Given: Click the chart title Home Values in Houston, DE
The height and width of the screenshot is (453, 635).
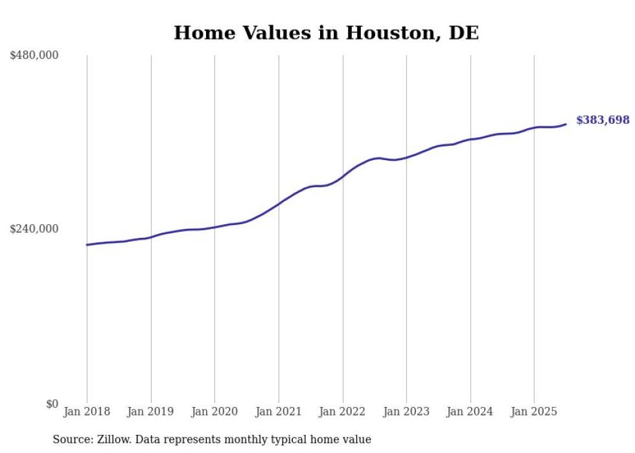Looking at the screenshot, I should pos(326,33).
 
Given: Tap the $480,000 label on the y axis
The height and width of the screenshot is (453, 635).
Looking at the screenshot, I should pos(34,56).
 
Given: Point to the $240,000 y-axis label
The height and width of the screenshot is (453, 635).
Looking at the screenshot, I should pos(34,229).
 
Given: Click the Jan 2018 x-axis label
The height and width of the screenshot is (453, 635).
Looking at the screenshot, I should pos(87,412).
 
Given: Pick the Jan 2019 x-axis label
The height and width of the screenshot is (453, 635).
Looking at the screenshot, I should pos(151,412).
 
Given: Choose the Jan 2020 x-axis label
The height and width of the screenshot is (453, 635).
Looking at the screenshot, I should pos(214,412).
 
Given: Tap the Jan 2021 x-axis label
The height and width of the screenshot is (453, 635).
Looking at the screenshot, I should pos(279,412).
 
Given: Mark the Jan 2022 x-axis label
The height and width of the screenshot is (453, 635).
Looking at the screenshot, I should pos(343,412).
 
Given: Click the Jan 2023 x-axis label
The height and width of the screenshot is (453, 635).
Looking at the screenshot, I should pos(406,412).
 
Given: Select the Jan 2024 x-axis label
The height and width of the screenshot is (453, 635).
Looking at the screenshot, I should pos(470,412).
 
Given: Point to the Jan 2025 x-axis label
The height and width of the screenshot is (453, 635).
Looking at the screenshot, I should pos(534,412).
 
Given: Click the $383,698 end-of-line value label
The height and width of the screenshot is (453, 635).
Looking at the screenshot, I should pos(603,120).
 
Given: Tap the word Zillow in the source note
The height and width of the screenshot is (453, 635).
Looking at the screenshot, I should pos(113,439).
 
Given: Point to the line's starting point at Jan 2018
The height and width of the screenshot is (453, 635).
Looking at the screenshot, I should pos(87,245).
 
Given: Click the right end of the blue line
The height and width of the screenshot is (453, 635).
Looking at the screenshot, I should pos(566,124).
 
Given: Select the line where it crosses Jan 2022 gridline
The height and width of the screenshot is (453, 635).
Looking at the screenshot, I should pos(343,176).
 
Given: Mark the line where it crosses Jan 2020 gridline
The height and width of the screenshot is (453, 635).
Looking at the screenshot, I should pos(214,227).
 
